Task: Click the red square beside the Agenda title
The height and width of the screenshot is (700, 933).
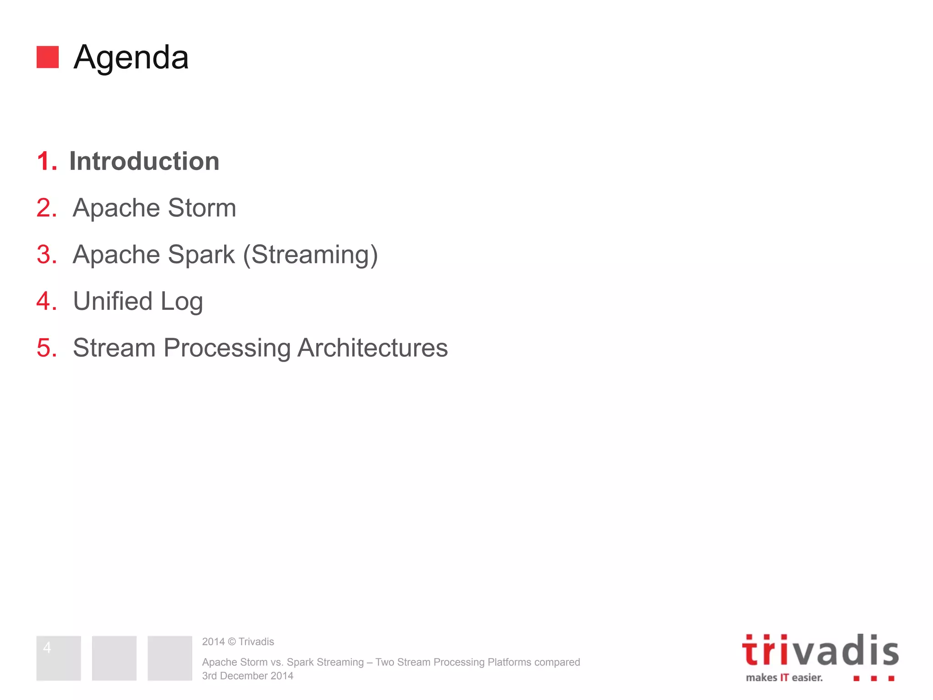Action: [47, 57]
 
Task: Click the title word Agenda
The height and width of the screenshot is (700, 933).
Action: [131, 58]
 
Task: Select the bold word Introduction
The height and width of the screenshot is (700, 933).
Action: [144, 161]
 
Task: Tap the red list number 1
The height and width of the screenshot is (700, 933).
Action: [46, 161]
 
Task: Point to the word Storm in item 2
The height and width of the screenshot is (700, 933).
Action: [202, 208]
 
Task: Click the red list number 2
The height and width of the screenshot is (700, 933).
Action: [46, 208]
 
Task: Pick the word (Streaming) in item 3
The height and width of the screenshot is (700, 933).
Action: [310, 255]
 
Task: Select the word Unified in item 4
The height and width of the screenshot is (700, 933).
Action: [113, 301]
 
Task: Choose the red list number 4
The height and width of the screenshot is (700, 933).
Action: [46, 301]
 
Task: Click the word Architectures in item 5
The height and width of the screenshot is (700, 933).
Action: [373, 348]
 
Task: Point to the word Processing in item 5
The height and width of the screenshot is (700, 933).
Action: [227, 349]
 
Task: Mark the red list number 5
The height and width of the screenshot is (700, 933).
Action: [46, 348]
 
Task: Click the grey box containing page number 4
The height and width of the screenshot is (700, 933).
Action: [59, 658]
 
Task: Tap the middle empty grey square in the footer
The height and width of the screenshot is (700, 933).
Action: [114, 658]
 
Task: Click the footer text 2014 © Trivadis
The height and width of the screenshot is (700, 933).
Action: [238, 642]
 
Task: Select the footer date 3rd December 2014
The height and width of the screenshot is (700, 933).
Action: [247, 676]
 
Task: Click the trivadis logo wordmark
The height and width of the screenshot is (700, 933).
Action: [820, 651]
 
